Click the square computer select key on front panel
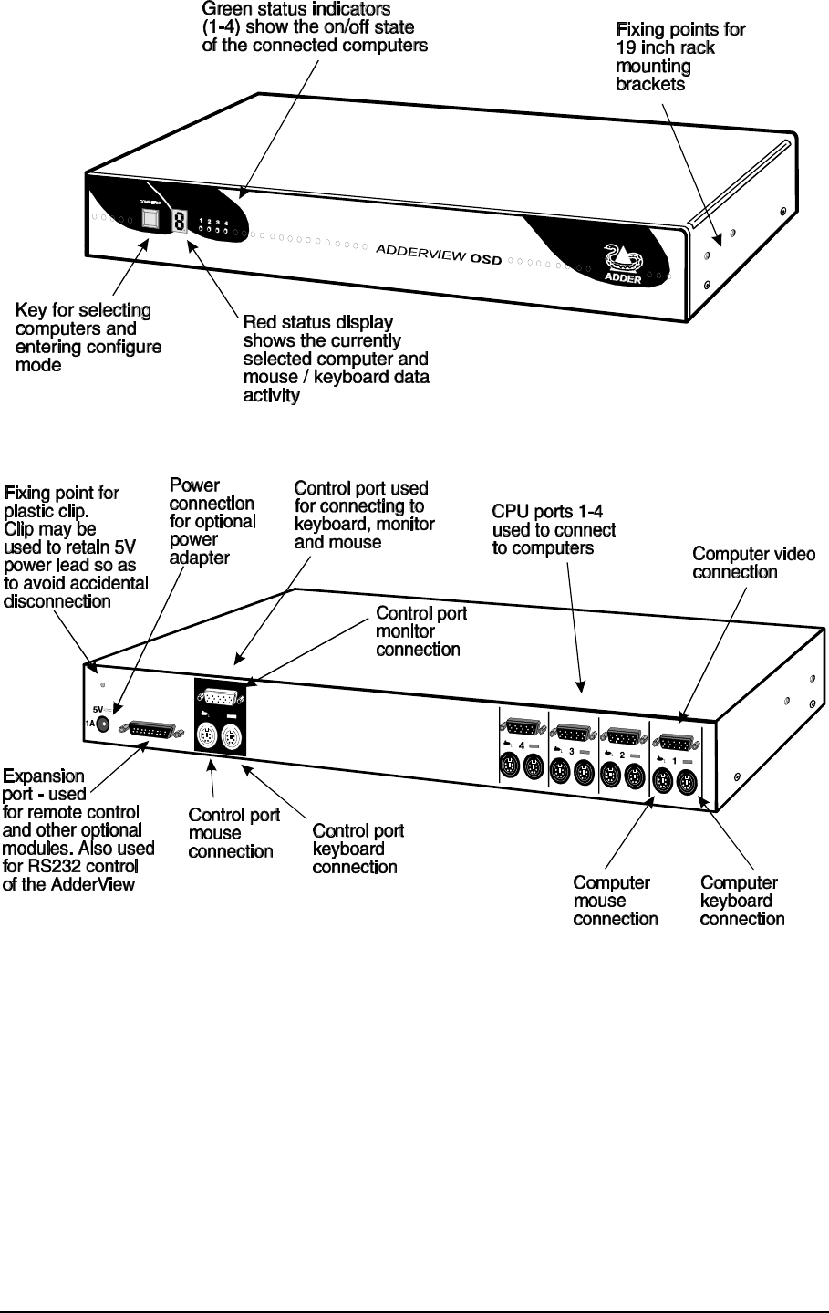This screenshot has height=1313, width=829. click(x=150, y=219)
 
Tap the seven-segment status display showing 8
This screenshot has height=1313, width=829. click(x=180, y=222)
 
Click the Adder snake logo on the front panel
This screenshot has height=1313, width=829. click(x=624, y=257)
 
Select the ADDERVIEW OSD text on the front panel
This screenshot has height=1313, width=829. click(x=439, y=255)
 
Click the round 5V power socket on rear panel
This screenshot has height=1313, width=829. click(x=102, y=724)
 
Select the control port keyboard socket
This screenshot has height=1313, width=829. click(x=232, y=737)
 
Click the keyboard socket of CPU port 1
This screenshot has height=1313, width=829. click(x=686, y=783)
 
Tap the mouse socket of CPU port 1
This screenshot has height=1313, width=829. click(x=662, y=781)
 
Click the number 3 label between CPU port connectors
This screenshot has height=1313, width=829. click(x=572, y=752)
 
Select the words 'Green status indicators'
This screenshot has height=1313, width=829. click(x=295, y=9)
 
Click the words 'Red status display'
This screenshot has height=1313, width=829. click(x=318, y=322)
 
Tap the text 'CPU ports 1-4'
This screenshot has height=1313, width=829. click(x=547, y=512)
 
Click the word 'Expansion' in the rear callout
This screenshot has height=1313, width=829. click(x=44, y=776)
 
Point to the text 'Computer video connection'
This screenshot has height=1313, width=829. click(x=754, y=563)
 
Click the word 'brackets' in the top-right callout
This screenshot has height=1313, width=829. click(x=650, y=84)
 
